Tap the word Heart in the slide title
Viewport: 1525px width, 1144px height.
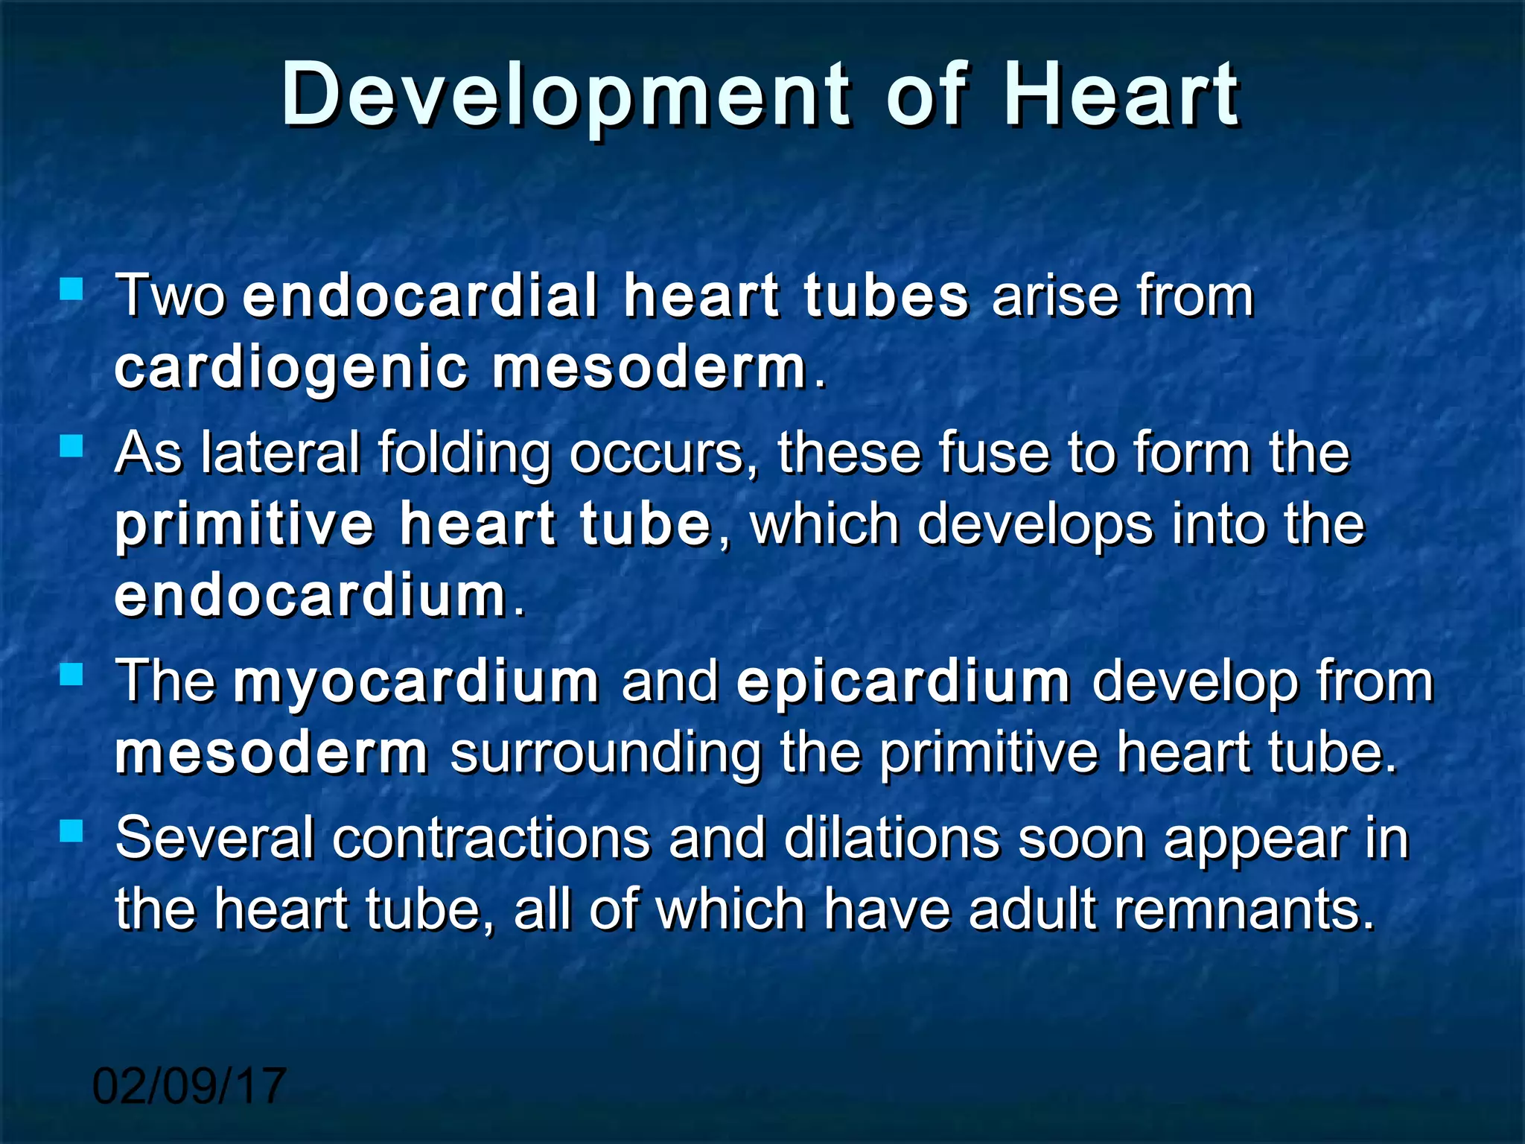pyautogui.click(x=1121, y=95)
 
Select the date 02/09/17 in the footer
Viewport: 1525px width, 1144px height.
pyautogui.click(x=189, y=1086)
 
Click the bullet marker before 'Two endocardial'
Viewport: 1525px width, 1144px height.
pyautogui.click(x=71, y=289)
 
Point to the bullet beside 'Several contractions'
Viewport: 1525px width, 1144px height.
pyautogui.click(x=71, y=830)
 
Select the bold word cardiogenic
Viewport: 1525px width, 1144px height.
pyautogui.click(x=291, y=369)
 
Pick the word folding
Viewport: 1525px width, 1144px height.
pyautogui.click(x=464, y=454)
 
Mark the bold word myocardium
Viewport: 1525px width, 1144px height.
pyautogui.click(x=416, y=682)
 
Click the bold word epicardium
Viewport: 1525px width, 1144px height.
pyautogui.click(x=903, y=682)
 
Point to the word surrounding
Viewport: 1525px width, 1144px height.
pyautogui.click(x=606, y=754)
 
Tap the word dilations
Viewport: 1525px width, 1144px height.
pyautogui.click(x=891, y=838)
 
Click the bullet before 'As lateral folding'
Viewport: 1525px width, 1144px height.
pyautogui.click(x=71, y=446)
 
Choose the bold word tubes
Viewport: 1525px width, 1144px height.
pyautogui.click(x=886, y=296)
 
